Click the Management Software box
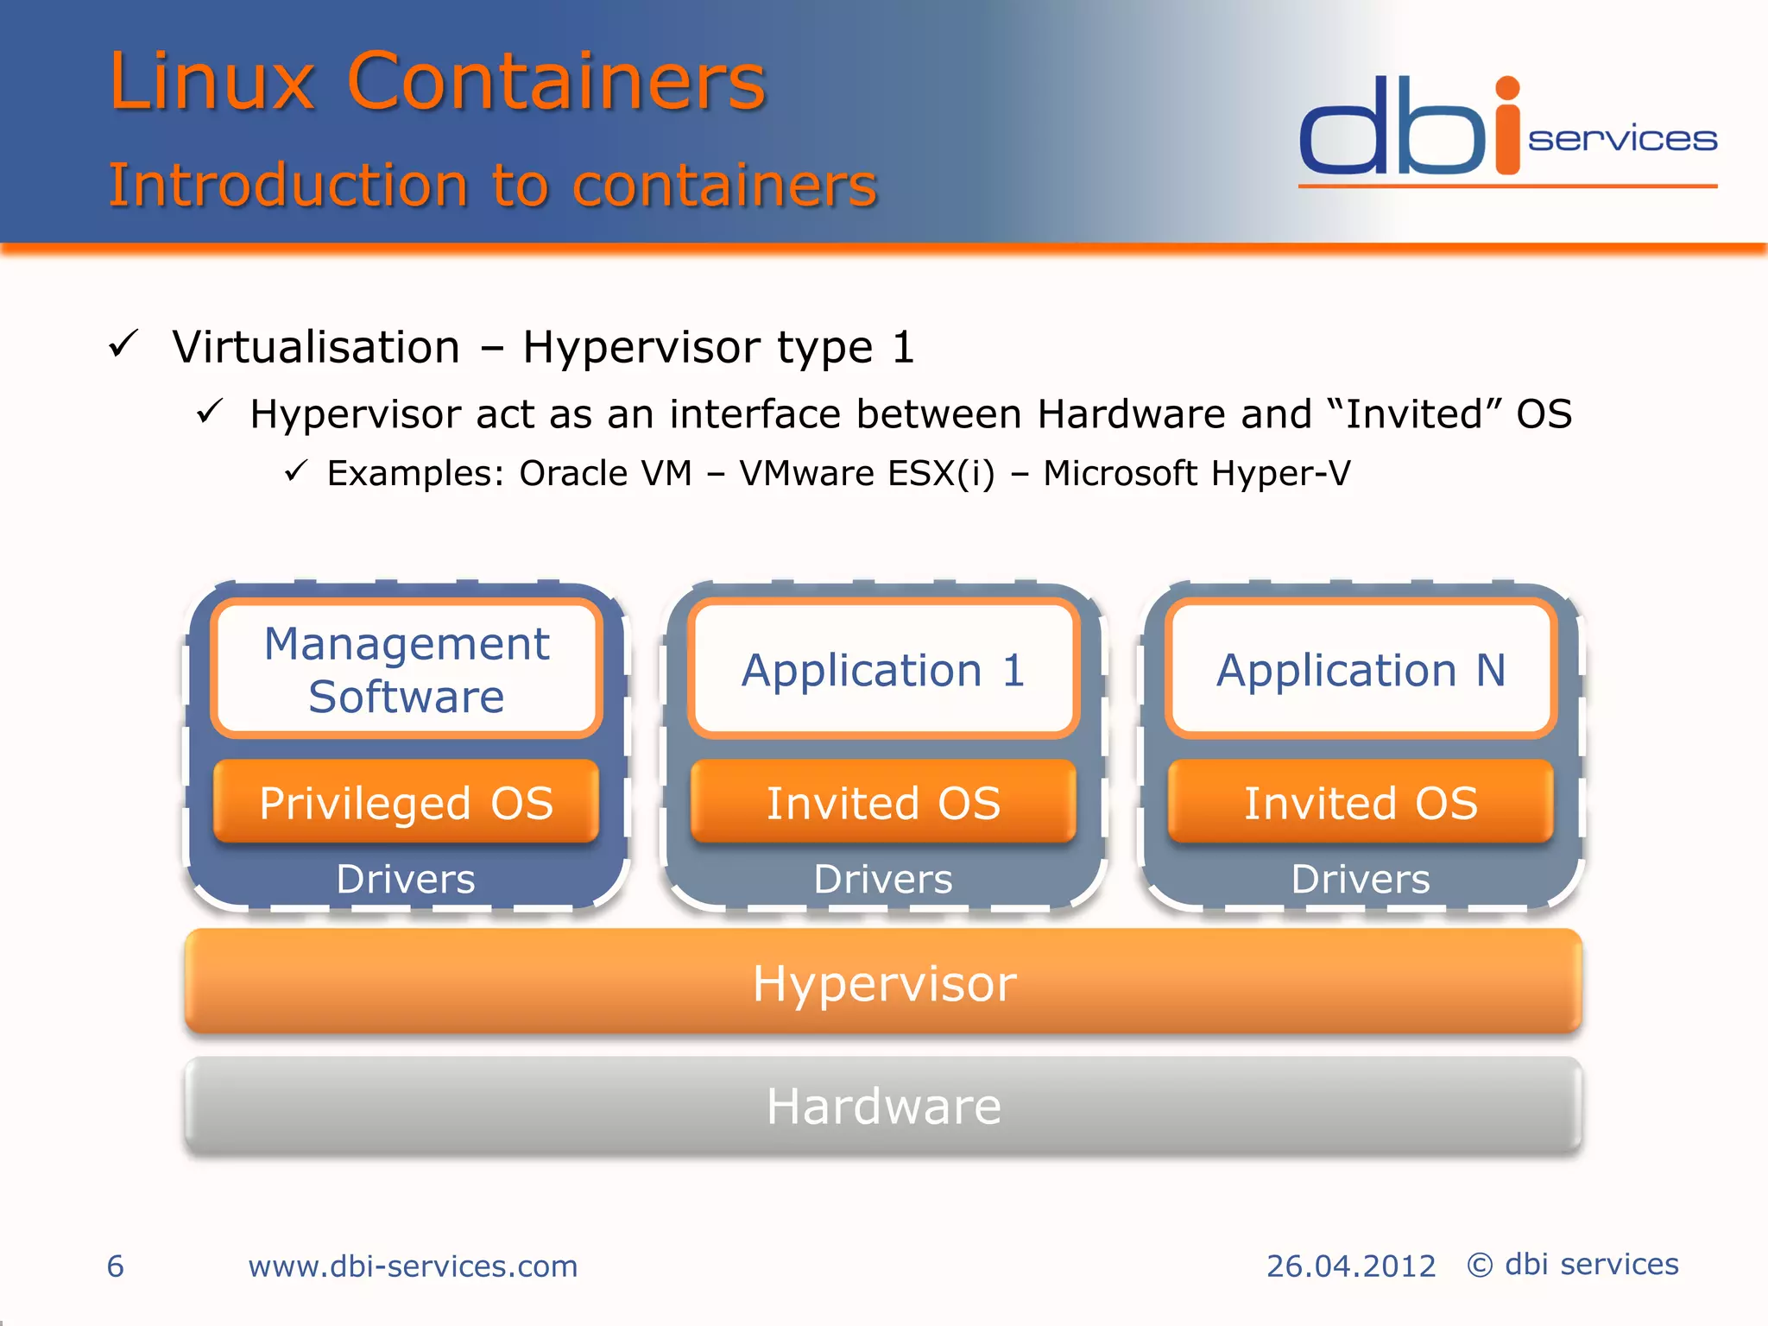click(x=406, y=669)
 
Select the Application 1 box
click(x=883, y=669)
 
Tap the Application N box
click(x=1361, y=669)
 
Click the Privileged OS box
click(x=406, y=802)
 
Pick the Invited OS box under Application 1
click(x=883, y=802)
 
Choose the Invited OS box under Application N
click(x=1361, y=802)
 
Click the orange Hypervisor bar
click(x=883, y=982)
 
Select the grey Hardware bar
click(x=883, y=1106)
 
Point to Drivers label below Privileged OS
click(x=406, y=879)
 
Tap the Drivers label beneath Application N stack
click(x=1361, y=879)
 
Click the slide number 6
click(x=116, y=1266)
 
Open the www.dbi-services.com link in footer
click(x=413, y=1266)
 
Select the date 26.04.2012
click(x=1350, y=1266)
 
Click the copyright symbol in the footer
click(x=1480, y=1266)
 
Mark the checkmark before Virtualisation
click(x=123, y=344)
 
